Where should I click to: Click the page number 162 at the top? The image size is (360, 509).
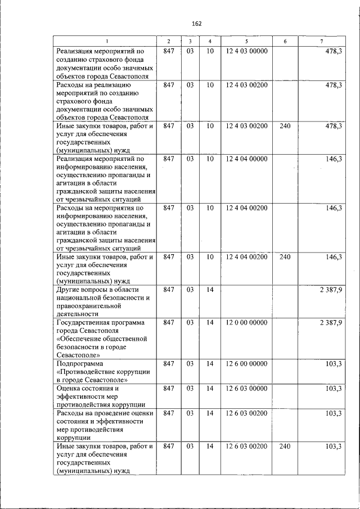pos(196,24)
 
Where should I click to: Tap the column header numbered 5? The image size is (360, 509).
pos(246,42)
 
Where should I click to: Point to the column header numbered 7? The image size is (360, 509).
pos(321,42)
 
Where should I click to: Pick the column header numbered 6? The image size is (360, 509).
pos(285,42)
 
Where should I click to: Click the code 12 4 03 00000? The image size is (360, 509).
pos(246,52)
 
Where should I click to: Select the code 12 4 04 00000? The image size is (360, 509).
pos(246,159)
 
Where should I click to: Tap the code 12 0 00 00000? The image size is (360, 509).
pos(246,322)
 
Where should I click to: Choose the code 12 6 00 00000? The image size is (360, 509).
pos(246,364)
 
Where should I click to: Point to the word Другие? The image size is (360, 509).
pos(70,290)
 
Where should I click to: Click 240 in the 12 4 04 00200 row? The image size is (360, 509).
pos(285,257)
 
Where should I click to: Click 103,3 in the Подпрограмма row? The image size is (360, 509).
pos(334,364)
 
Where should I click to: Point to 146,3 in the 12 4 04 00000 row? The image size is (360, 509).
pos(334,159)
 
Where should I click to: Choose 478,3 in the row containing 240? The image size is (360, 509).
pos(334,126)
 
